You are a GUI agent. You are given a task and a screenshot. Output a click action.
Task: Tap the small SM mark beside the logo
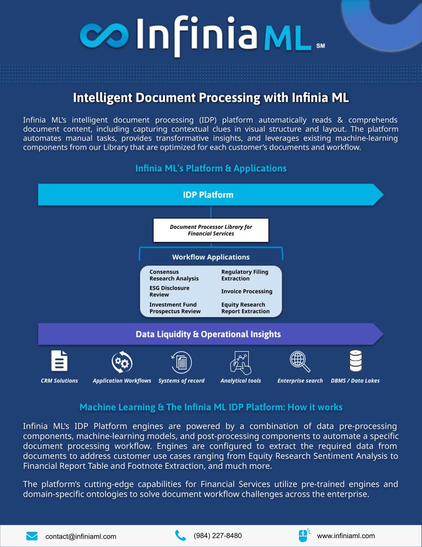click(x=321, y=45)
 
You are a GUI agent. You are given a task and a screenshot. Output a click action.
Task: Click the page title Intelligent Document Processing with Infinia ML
click(x=211, y=97)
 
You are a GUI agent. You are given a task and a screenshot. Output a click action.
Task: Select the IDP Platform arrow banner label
click(x=208, y=195)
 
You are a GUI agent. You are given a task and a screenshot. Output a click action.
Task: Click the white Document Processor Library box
click(x=211, y=230)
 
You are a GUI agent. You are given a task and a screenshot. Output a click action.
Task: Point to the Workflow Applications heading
click(x=211, y=257)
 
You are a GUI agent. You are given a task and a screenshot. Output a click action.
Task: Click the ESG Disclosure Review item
click(x=169, y=291)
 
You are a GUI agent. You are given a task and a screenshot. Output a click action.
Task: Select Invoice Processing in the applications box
click(x=247, y=291)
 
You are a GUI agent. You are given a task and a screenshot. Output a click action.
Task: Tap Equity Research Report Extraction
click(x=246, y=308)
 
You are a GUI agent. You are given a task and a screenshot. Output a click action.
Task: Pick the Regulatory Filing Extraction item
click(x=245, y=275)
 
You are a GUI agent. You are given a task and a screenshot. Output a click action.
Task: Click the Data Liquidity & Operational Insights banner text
click(x=208, y=334)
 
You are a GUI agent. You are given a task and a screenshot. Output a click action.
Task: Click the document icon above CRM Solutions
click(x=59, y=361)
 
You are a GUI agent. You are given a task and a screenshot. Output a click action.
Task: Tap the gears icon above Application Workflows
click(x=122, y=361)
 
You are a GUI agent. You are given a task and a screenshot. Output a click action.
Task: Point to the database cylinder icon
click(x=355, y=361)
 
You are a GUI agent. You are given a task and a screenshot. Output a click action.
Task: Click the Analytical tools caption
click(x=240, y=381)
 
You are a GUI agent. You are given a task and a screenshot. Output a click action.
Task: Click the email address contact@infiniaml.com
click(x=81, y=536)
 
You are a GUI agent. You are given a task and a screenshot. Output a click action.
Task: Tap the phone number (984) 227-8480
click(x=218, y=536)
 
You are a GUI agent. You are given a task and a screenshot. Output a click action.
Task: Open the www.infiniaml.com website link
click(x=345, y=536)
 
